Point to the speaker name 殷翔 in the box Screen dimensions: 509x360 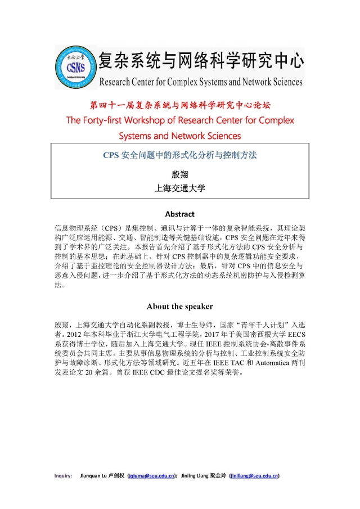point(179,174)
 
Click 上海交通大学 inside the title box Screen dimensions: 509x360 point(179,188)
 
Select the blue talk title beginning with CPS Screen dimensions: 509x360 point(179,155)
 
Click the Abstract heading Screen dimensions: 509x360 point(179,214)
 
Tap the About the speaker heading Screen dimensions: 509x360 point(179,306)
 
